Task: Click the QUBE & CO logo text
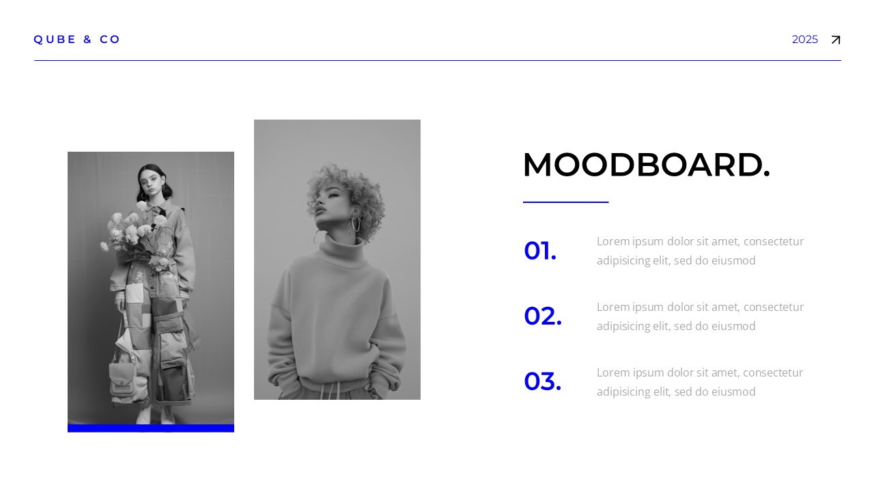77,40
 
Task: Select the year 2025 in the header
804,40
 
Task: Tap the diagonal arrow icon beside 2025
835,40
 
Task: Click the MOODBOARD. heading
646,165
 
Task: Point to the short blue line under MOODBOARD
565,202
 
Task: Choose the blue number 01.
540,251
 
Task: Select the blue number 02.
543,316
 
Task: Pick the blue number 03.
542,382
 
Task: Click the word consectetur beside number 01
773,241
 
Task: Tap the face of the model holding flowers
150,180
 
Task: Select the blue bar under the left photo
151,428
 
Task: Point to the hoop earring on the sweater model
355,223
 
